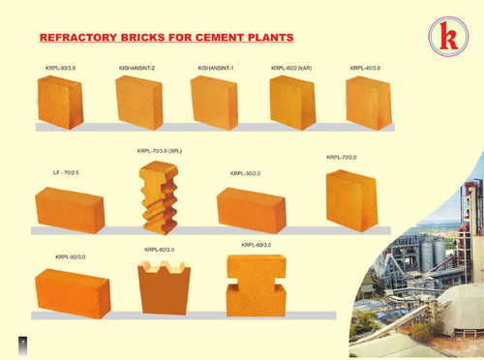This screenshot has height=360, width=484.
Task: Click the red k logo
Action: click(x=447, y=36)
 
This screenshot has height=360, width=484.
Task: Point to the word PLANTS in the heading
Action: click(x=268, y=38)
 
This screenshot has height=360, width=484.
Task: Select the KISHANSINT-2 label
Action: click(x=136, y=68)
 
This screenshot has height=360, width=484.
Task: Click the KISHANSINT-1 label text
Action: click(x=216, y=68)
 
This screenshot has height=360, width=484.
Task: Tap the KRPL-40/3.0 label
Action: click(x=365, y=68)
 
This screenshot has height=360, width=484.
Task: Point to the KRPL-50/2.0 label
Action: click(x=245, y=173)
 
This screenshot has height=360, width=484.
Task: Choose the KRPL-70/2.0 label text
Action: click(x=342, y=157)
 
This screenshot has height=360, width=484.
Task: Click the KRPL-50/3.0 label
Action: click(x=71, y=256)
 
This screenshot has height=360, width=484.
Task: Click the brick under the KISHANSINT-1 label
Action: click(x=214, y=103)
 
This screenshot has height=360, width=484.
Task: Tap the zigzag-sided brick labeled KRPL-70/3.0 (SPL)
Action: click(x=159, y=197)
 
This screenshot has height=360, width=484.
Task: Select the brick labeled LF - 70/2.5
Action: click(x=70, y=209)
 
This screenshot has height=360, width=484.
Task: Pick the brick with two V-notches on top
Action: click(x=164, y=287)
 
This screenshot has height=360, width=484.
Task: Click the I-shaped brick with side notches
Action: click(x=257, y=285)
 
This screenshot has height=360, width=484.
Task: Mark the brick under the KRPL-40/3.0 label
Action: click(x=368, y=103)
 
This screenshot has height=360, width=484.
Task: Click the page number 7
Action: click(x=22, y=342)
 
